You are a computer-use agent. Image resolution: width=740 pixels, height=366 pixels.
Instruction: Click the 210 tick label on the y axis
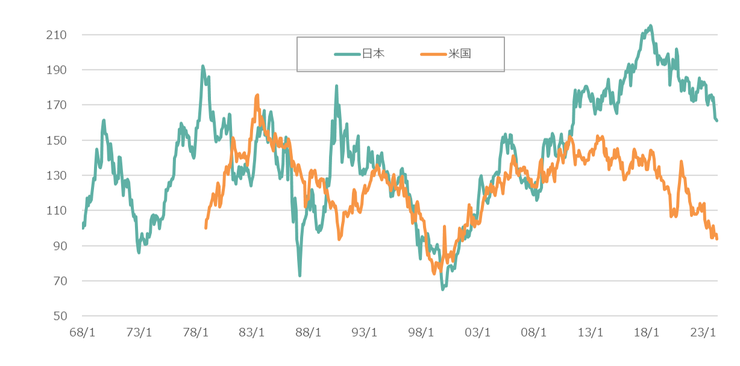click(55, 35)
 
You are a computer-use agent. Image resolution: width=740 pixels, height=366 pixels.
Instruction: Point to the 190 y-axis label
click(55, 70)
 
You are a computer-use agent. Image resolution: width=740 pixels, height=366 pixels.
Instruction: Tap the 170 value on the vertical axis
click(55, 106)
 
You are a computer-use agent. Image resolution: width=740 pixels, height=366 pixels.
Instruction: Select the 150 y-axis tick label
click(55, 140)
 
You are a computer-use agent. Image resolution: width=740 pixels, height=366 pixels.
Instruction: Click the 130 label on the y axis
click(55, 175)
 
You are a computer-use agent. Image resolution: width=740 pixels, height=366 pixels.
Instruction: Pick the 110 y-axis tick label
click(55, 211)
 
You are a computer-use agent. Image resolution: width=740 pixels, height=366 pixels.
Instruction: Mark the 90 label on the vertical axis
click(58, 246)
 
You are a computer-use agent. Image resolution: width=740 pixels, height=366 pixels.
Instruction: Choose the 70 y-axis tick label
click(58, 281)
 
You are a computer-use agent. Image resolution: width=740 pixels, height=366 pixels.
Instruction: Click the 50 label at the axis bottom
click(58, 316)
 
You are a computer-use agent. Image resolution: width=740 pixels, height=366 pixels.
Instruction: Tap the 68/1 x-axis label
click(83, 333)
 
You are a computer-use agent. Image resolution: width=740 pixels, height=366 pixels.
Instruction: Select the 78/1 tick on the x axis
click(195, 333)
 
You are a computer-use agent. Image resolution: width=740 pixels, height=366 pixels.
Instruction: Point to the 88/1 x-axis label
click(308, 333)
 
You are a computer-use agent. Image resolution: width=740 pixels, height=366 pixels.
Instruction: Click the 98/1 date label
click(421, 333)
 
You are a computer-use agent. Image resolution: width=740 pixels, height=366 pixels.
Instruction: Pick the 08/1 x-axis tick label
click(534, 333)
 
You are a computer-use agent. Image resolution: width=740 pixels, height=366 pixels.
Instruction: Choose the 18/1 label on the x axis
click(647, 333)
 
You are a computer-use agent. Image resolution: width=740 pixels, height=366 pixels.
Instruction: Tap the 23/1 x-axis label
click(703, 333)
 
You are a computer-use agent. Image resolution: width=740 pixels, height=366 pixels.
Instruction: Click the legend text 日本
click(373, 54)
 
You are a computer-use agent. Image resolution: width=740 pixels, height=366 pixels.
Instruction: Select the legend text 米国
click(459, 54)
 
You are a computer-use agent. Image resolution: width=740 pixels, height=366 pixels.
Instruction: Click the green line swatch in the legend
click(347, 54)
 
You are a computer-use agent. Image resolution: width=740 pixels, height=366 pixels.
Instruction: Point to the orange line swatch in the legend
click(433, 54)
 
